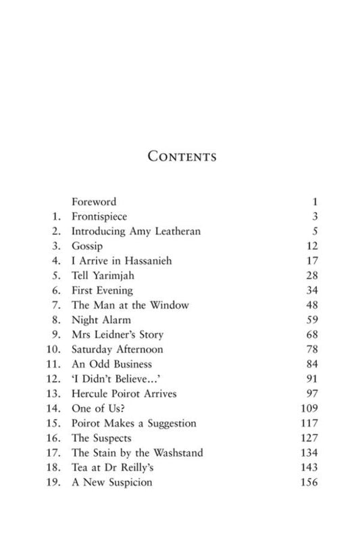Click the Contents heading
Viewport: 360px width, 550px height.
(x=182, y=157)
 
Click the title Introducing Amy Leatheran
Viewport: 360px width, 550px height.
(x=136, y=231)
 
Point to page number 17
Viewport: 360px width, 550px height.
(x=311, y=261)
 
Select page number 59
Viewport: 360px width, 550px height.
(x=311, y=320)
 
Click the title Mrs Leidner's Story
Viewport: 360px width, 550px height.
(x=118, y=335)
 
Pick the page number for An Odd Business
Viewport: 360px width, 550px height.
(x=311, y=364)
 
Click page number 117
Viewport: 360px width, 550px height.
(x=309, y=424)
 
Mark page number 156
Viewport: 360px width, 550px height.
(x=309, y=483)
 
